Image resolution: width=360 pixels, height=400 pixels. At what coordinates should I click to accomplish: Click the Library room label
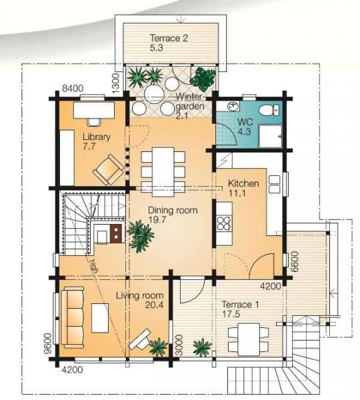click(97, 137)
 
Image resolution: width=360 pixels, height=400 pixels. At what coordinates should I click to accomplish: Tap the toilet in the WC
click(269, 110)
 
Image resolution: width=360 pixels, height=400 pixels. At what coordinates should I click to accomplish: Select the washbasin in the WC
click(233, 107)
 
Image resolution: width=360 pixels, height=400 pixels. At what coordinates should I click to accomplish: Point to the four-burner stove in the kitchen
click(224, 223)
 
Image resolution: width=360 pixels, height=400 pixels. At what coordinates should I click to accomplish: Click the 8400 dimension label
click(73, 88)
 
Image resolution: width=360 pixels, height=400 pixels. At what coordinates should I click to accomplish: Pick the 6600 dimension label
click(294, 262)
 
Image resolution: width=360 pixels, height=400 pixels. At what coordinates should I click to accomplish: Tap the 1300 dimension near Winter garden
click(115, 83)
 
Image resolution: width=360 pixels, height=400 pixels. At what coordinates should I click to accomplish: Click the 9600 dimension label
click(48, 343)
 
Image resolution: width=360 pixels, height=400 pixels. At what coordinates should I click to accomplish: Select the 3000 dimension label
click(179, 345)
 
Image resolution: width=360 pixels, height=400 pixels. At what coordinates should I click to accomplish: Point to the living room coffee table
click(100, 318)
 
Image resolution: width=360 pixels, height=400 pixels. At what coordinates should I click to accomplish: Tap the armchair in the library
click(109, 169)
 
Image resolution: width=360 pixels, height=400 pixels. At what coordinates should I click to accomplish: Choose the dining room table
click(163, 172)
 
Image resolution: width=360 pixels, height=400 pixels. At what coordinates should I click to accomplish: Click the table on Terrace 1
click(249, 339)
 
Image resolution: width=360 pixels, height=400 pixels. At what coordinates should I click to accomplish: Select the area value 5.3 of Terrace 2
click(157, 48)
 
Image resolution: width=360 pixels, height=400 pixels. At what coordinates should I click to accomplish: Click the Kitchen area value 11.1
click(237, 193)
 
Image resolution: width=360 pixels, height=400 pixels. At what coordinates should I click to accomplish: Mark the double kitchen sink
click(274, 184)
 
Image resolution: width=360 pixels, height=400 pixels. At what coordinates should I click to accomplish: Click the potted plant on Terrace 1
click(202, 347)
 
